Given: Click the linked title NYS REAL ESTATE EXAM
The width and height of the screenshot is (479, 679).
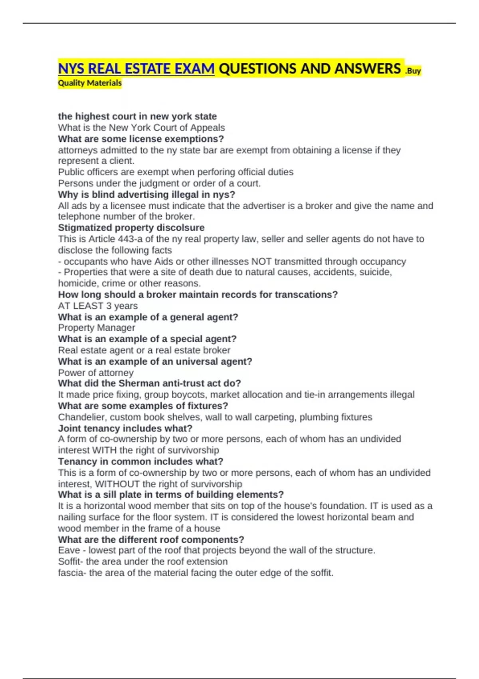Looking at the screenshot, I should (x=136, y=69).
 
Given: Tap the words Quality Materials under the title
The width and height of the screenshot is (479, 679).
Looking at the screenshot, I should (x=90, y=83).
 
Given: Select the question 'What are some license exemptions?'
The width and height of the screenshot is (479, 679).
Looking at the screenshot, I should (x=141, y=139).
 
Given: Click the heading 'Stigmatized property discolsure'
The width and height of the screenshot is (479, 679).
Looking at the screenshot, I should (x=131, y=228).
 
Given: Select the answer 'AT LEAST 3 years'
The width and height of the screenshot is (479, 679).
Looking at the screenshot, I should (x=98, y=306).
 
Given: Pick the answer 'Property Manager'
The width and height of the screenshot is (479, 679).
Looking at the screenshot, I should (x=96, y=328).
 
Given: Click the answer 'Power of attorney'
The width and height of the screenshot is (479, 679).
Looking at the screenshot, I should (x=96, y=373).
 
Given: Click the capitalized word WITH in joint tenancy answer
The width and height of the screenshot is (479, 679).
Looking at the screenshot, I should (x=104, y=451).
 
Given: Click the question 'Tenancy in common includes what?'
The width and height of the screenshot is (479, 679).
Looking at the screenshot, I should (x=141, y=462).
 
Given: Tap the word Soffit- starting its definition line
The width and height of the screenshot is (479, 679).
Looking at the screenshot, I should (x=71, y=562).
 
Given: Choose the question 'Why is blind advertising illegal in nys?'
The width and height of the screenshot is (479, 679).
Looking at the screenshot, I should (x=146, y=195).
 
